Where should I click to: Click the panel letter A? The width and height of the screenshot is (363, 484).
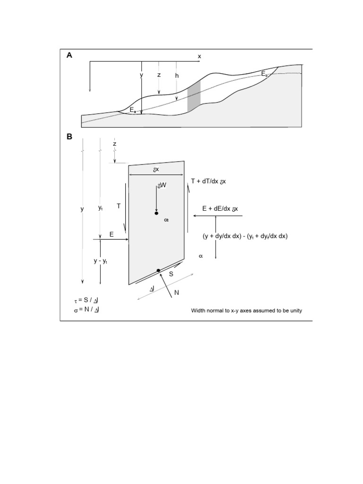pos(69,55)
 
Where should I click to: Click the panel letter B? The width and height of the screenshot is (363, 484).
pos(69,137)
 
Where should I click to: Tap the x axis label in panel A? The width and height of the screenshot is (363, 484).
pos(199,56)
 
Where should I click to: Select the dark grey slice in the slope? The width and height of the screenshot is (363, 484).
pos(194,96)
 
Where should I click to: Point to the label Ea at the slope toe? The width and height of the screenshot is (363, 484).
pos(133,110)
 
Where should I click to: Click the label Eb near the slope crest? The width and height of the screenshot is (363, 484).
pos(265,74)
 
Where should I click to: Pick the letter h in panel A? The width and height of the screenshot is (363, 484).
pos(177,75)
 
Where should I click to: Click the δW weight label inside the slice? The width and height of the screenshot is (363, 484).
pos(162,186)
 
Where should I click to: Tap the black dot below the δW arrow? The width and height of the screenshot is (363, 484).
pos(156,214)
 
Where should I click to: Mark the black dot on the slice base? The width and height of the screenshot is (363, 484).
pos(159,270)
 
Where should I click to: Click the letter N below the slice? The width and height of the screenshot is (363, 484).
pos(177,293)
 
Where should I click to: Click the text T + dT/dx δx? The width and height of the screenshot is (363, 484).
pos(208,181)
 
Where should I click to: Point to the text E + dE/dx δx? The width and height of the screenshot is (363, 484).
pos(220,209)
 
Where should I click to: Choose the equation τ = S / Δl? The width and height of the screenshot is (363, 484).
pos(86,301)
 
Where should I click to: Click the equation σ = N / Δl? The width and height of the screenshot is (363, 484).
pos(86,310)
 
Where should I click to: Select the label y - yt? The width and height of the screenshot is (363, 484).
pos(100,261)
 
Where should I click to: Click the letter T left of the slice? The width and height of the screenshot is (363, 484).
pos(119,206)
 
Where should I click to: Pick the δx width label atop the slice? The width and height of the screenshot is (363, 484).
pos(156,169)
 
